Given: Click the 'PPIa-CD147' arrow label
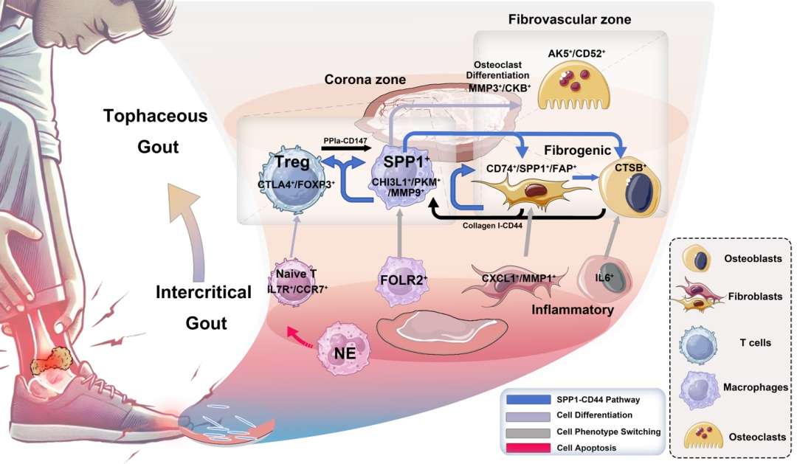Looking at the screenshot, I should tap(346, 139).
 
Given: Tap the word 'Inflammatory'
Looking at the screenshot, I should tap(573, 310).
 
